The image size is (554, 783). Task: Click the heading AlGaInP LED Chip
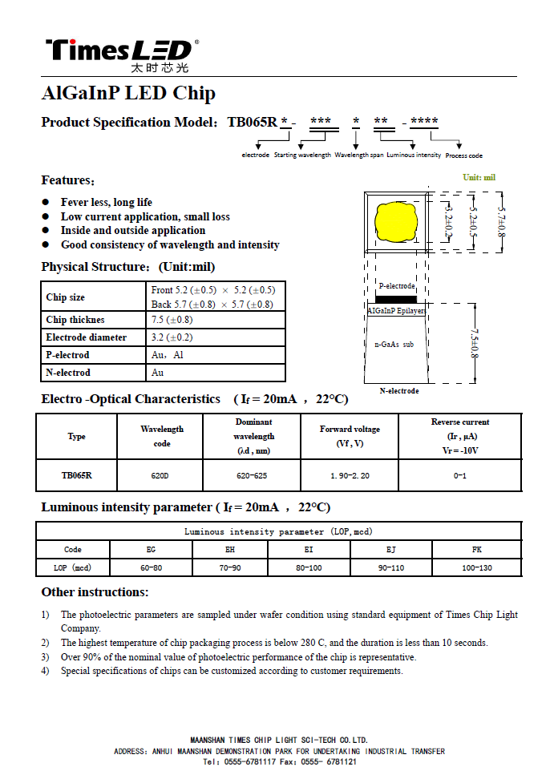128,93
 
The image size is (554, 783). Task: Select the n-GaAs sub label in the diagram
394,344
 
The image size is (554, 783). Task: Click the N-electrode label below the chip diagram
398,391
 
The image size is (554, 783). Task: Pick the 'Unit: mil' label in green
479,177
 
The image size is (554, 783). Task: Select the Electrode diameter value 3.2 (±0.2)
172,337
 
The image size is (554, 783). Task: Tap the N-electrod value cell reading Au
157,373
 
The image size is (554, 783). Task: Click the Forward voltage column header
350,436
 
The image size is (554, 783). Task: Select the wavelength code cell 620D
160,476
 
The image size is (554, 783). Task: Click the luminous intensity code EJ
390,550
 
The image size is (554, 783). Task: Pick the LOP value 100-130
476,567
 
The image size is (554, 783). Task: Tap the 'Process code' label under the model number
463,155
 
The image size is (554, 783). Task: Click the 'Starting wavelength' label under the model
302,155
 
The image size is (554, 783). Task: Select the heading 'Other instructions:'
95,592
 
